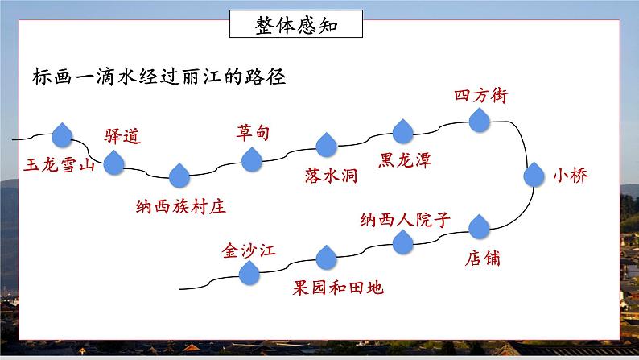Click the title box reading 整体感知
[295, 25]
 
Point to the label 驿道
[122, 136]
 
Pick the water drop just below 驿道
[114, 163]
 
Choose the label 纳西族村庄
[180, 205]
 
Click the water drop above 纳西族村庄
[179, 175]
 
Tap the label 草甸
[254, 131]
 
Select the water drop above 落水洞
[326, 146]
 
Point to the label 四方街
[480, 95]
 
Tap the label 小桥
[571, 176]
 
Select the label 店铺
[483, 259]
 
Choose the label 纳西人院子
[409, 218]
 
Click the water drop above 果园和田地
[326, 259]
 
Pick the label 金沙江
[249, 250]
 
